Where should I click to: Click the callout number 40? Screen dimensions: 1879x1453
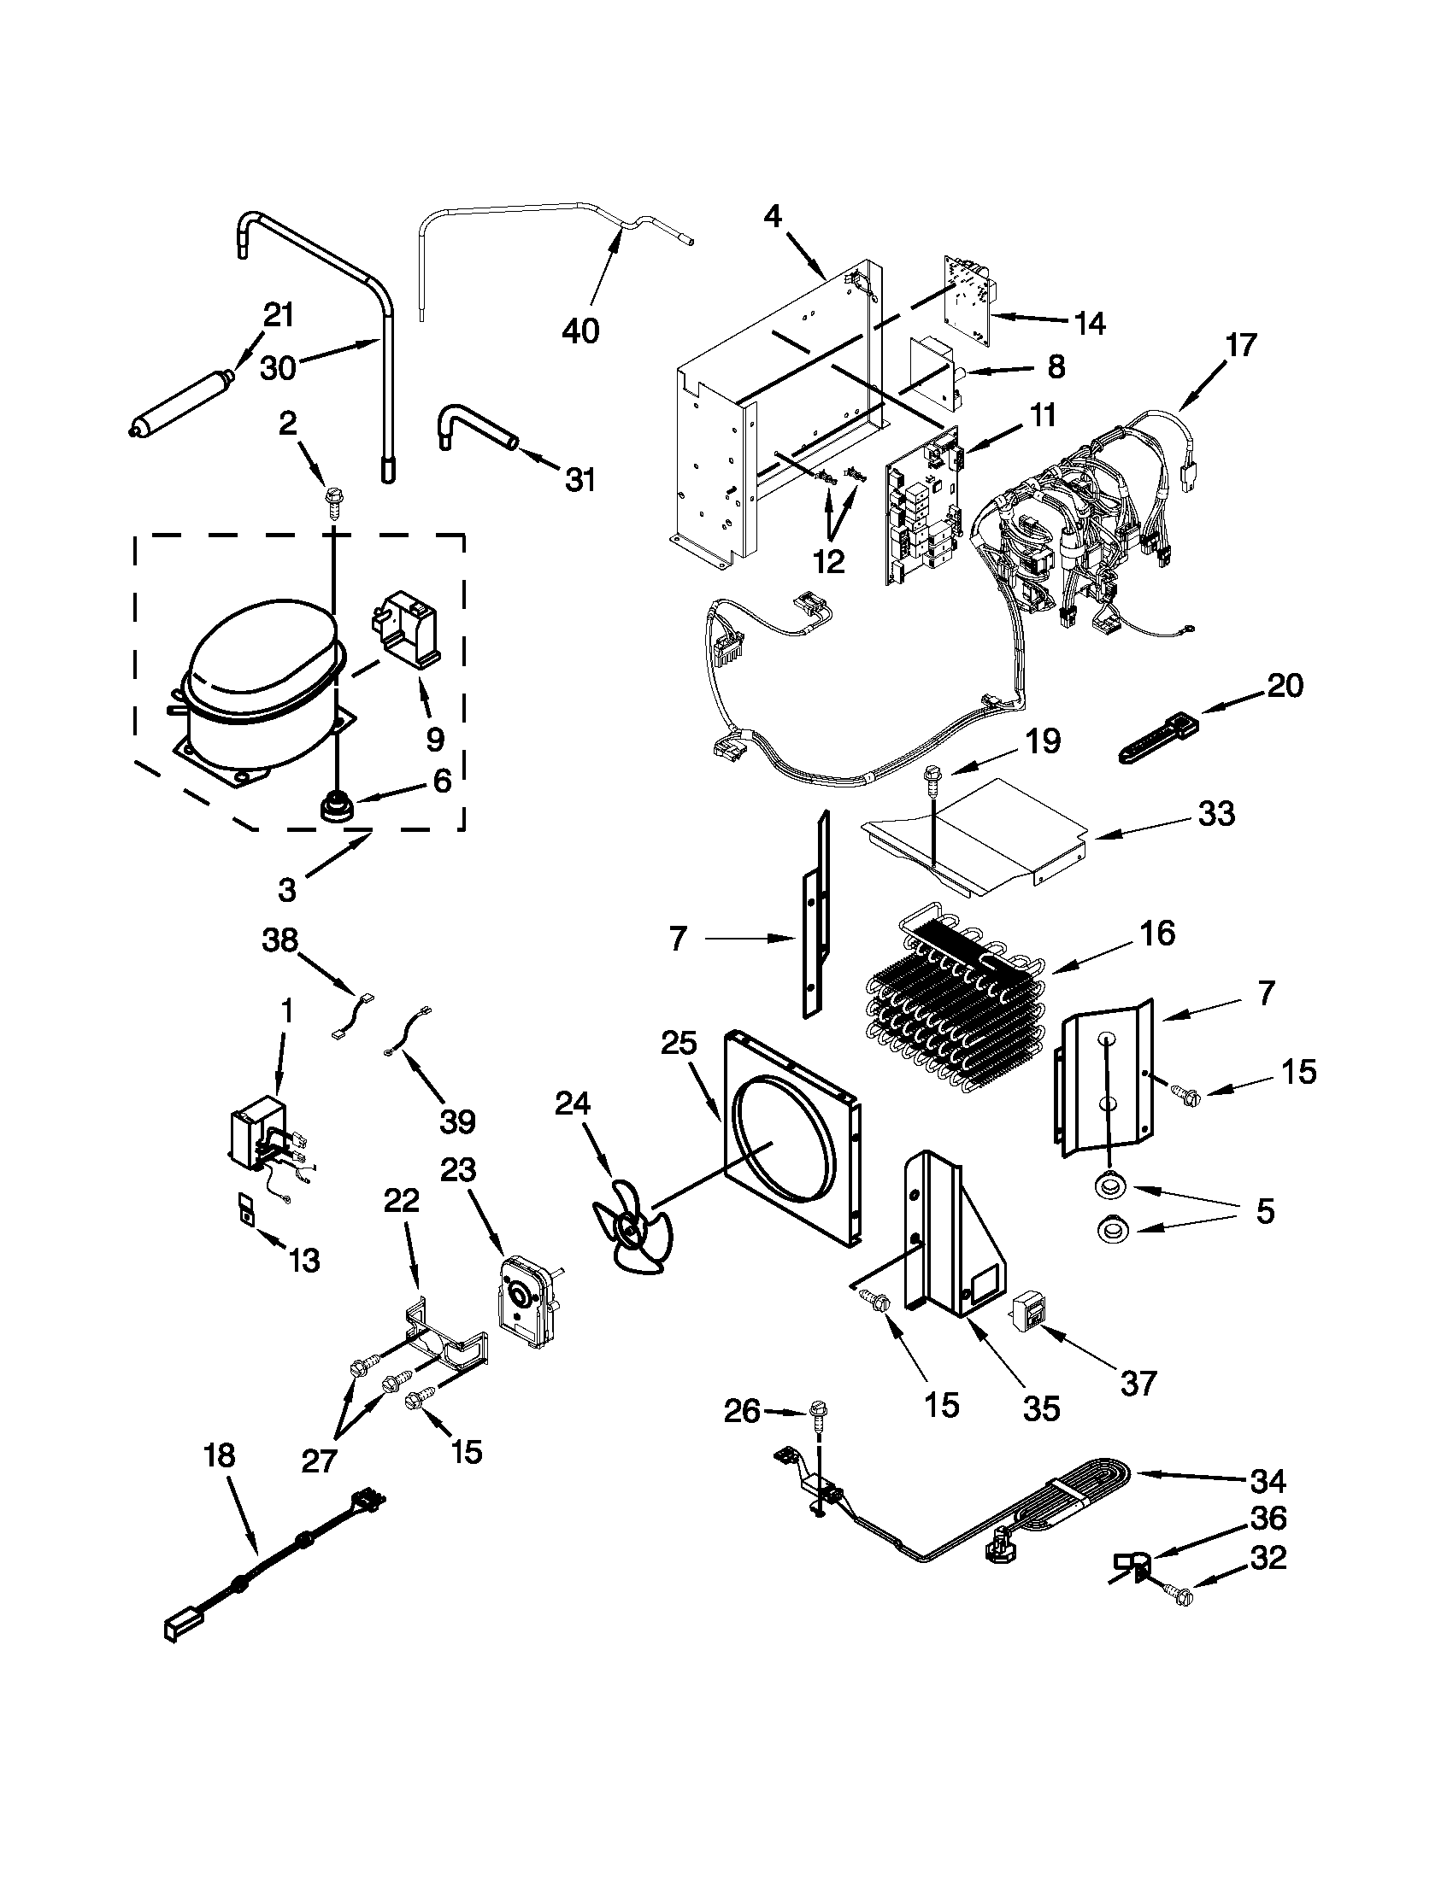coord(580,330)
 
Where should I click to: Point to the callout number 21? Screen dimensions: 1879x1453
coord(278,316)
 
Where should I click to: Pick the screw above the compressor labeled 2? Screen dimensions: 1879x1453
coord(332,500)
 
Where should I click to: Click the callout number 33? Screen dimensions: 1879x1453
coord(1216,813)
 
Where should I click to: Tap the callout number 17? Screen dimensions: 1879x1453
coord(1241,345)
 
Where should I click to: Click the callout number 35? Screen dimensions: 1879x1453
coord(1040,1409)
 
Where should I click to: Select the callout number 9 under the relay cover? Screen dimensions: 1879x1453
coord(435,738)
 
